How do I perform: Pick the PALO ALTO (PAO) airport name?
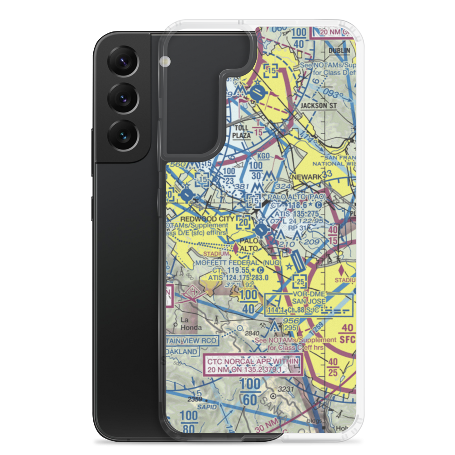pyautogui.click(x=297, y=197)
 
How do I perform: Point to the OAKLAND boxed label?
pyautogui.click(x=182, y=352)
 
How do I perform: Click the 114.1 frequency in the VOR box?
pyautogui.click(x=277, y=310)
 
